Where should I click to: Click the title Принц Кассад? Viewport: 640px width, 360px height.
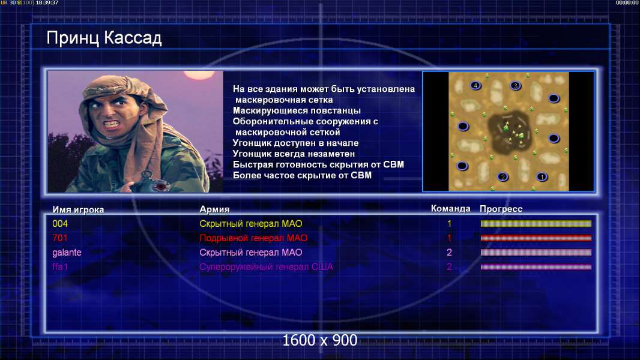pyautogui.click(x=104, y=38)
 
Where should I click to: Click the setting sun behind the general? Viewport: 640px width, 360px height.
pyautogui.click(x=199, y=74)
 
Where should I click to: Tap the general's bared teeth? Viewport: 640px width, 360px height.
pyautogui.click(x=111, y=123)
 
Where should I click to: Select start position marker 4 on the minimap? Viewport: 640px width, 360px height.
pyautogui.click(x=475, y=86)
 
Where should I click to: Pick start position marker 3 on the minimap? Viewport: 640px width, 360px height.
pyautogui.click(x=516, y=86)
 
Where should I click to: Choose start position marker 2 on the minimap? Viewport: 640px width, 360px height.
pyautogui.click(x=503, y=176)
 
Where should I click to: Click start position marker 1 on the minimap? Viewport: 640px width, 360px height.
pyautogui.click(x=542, y=176)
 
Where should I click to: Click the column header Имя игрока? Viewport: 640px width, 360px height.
pyautogui.click(x=78, y=209)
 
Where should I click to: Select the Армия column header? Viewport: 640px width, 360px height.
pyautogui.click(x=214, y=209)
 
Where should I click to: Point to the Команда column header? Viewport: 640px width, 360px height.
pyautogui.click(x=451, y=209)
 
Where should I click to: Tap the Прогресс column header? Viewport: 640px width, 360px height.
pyautogui.click(x=501, y=209)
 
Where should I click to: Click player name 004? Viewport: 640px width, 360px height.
pyautogui.click(x=60, y=223)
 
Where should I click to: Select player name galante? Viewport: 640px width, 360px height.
pyautogui.click(x=67, y=253)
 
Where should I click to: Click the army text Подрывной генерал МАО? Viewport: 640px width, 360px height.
pyautogui.click(x=253, y=238)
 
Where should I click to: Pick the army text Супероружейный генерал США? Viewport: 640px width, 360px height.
pyautogui.click(x=266, y=267)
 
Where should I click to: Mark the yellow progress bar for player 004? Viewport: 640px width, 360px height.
pyautogui.click(x=536, y=223)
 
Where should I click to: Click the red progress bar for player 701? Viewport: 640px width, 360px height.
pyautogui.click(x=536, y=238)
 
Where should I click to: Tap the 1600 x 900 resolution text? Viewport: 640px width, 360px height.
pyautogui.click(x=320, y=340)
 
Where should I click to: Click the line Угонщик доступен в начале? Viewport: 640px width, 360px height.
pyautogui.click(x=295, y=143)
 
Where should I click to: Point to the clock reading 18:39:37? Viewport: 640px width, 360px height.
pyautogui.click(x=47, y=3)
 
